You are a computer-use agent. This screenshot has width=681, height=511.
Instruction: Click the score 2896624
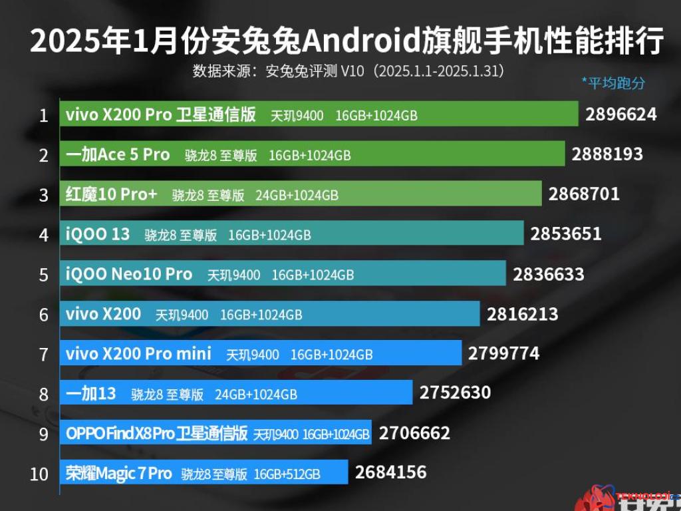(620, 114)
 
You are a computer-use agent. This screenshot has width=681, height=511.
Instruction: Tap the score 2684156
(390, 472)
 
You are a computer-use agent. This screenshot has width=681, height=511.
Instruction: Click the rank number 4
(44, 235)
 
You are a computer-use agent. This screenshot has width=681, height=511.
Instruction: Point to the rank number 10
(40, 474)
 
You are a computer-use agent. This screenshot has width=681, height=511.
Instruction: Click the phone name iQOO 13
(98, 234)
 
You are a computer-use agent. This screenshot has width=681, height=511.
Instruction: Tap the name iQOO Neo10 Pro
(129, 274)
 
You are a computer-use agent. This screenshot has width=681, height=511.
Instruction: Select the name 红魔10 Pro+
(112, 194)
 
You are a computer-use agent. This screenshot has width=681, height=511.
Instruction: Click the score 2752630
(455, 393)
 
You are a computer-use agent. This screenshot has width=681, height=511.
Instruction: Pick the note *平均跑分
(613, 83)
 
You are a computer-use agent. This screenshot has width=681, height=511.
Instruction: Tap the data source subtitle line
(347, 71)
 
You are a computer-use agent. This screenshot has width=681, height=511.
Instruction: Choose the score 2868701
(584, 194)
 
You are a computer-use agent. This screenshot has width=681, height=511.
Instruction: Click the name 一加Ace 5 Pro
(118, 154)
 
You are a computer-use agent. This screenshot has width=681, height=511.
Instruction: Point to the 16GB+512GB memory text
(287, 474)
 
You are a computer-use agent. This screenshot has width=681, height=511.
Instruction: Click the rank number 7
(44, 355)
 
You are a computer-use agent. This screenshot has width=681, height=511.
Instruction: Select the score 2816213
(522, 314)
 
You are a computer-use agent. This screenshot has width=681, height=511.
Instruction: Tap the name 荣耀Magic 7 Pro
(119, 473)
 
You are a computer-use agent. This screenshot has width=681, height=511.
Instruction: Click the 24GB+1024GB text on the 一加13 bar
(255, 394)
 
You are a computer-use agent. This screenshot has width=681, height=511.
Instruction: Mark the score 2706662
(414, 433)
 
